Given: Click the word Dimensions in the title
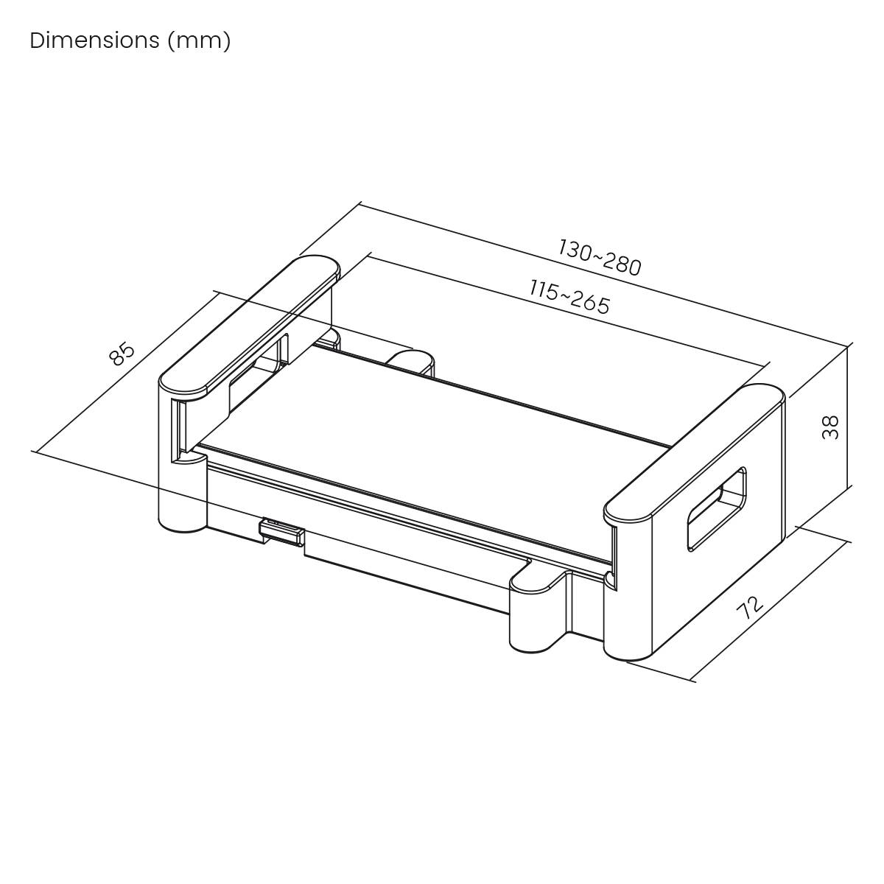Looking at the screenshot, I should point(94,41).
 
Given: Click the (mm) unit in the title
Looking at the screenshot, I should point(199,41).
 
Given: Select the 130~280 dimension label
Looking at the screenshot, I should point(599,256).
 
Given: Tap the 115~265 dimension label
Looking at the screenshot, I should point(569,296).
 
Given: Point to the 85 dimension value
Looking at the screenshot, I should point(122,353).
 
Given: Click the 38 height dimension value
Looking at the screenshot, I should point(830,427).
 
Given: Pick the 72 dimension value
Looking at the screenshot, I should point(749,608).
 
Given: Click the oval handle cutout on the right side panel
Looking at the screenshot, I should point(716,508).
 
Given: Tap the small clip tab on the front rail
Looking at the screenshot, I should point(281,531).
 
